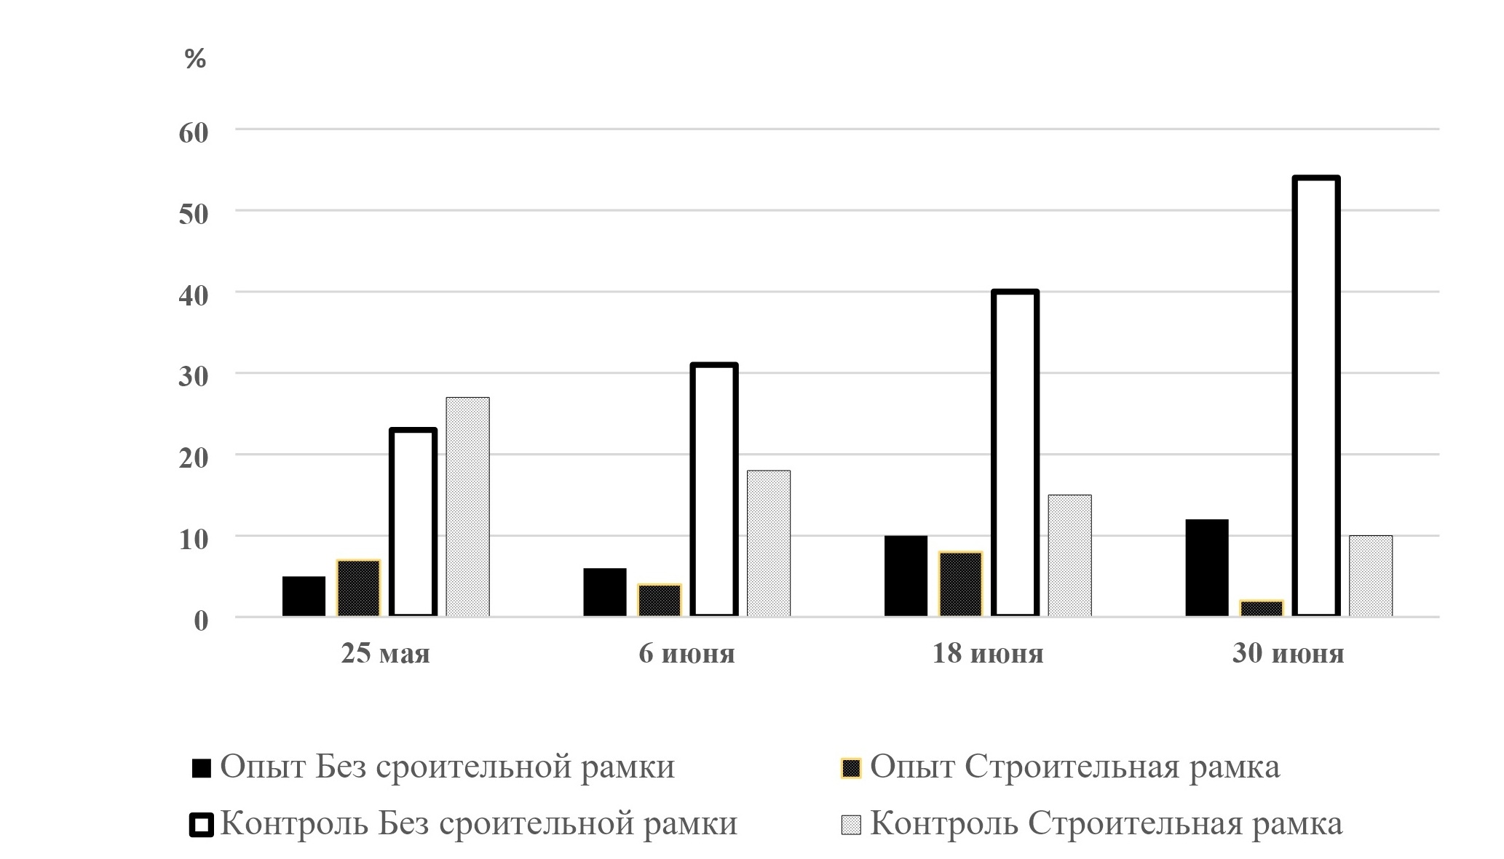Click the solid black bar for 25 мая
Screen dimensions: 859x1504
(304, 596)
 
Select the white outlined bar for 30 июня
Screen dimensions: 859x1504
(1316, 396)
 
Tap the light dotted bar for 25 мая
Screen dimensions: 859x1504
(467, 507)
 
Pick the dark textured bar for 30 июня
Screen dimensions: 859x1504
(1262, 609)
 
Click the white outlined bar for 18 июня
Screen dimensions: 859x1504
(1015, 453)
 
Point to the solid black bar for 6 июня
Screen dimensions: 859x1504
(604, 592)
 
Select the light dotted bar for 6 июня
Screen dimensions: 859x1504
(768, 543)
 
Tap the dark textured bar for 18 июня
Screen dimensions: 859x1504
(960, 584)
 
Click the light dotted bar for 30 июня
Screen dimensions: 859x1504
(1370, 576)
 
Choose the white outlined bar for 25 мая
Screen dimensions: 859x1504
(413, 522)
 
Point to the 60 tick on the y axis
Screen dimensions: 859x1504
(194, 132)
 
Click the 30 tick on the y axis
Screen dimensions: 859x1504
(194, 375)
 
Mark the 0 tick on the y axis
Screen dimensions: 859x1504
(200, 620)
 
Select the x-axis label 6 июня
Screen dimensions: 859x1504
(686, 654)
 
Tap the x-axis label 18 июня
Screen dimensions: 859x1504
(988, 654)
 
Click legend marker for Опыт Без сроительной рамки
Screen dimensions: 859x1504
(202, 768)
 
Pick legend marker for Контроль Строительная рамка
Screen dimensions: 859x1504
(851, 825)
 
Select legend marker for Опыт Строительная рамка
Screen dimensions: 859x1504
(851, 768)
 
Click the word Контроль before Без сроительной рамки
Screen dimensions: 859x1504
(294, 824)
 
